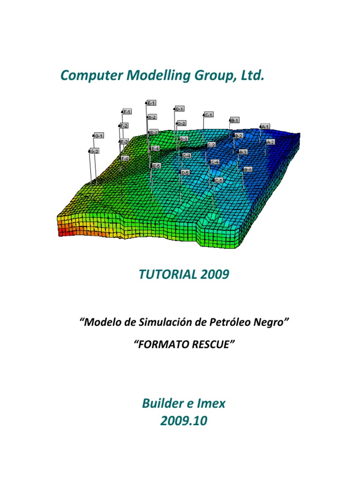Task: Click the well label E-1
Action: (x=151, y=103)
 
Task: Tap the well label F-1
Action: (x=127, y=112)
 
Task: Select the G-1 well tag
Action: (x=98, y=135)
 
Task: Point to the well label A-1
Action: (x=265, y=127)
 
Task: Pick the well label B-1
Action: (x=235, y=120)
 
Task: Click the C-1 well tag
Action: (x=209, y=114)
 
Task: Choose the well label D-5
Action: (x=185, y=172)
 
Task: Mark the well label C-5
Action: (x=218, y=180)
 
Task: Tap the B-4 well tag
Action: (x=248, y=169)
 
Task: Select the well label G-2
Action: (x=94, y=151)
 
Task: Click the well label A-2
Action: (x=270, y=142)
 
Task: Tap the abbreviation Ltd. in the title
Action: (x=252, y=75)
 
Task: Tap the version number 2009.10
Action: (x=183, y=421)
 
